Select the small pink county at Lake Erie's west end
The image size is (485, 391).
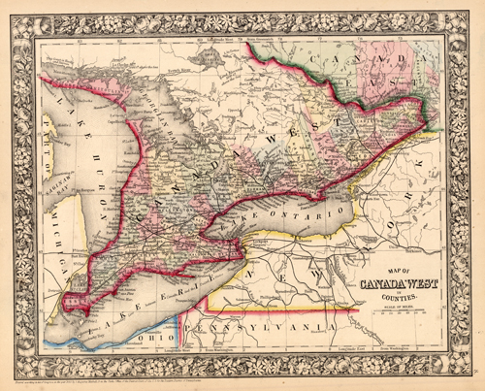click(70, 302)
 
